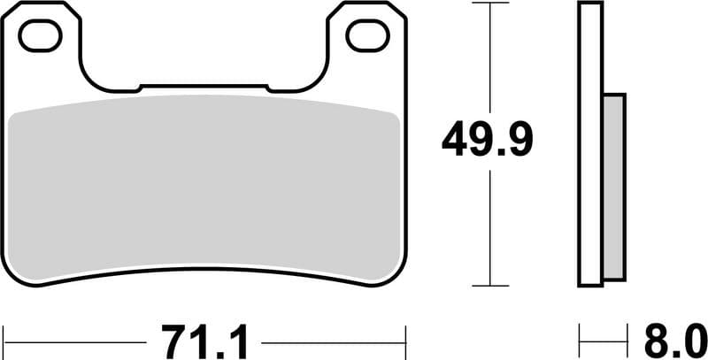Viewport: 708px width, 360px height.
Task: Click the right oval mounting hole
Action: (x=367, y=35)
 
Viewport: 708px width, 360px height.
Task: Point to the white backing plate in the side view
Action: (x=590, y=146)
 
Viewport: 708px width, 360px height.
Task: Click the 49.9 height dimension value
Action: (x=489, y=140)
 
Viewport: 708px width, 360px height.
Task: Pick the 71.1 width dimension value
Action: (x=205, y=341)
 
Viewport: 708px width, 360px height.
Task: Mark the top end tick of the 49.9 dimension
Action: (x=489, y=4)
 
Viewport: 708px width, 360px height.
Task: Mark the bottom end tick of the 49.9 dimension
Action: (x=489, y=286)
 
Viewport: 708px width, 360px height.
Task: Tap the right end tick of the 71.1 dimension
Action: (x=405, y=341)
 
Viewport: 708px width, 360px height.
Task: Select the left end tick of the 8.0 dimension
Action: (x=580, y=341)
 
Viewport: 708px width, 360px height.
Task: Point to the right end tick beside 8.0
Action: (x=626, y=341)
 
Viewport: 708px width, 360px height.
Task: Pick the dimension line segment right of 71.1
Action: (x=332, y=341)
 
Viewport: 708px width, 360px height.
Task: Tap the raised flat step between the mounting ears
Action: (x=204, y=87)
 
